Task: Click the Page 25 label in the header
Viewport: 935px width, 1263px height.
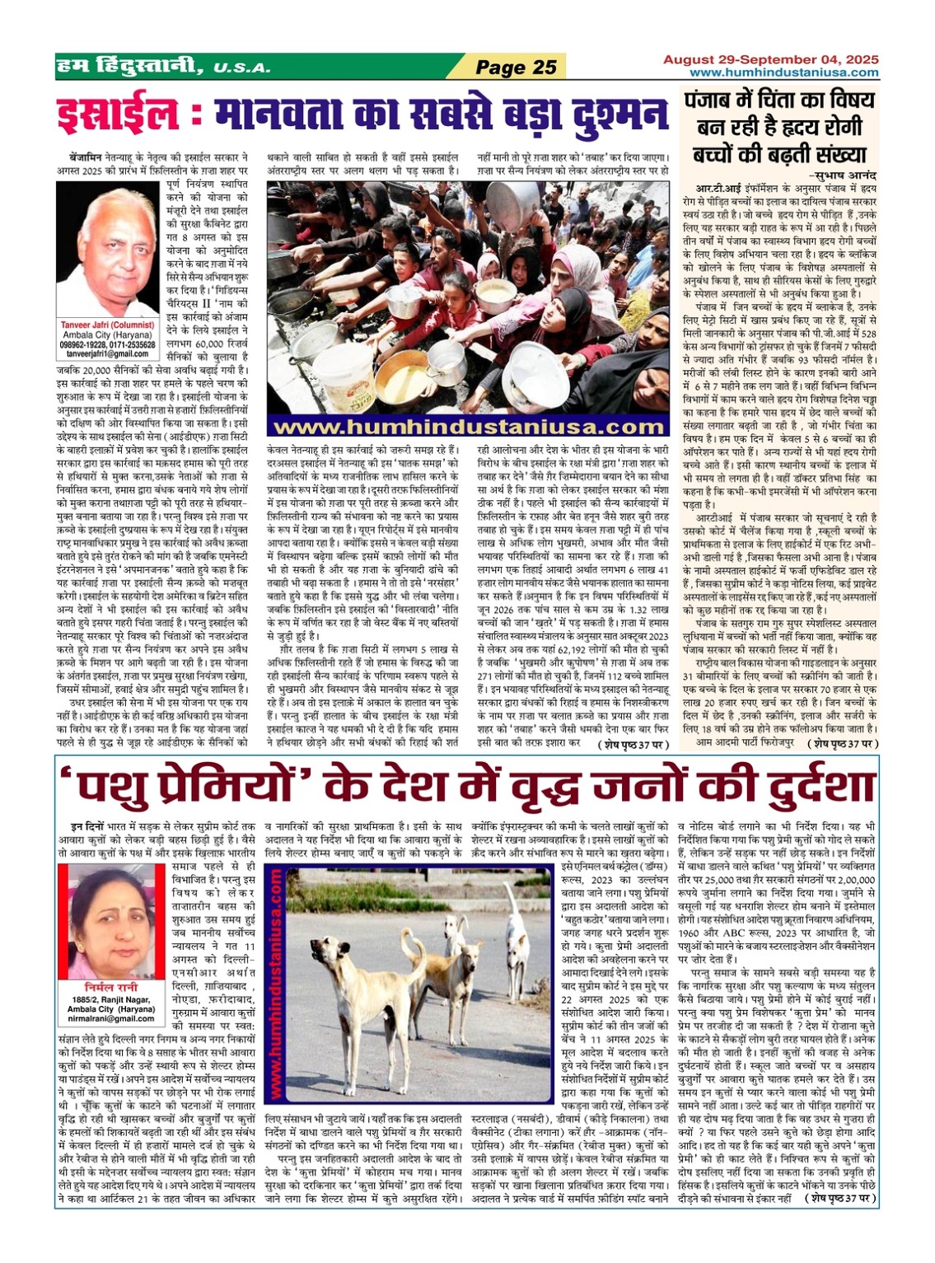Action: (x=517, y=68)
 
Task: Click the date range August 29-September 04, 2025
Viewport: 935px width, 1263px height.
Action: (x=772, y=60)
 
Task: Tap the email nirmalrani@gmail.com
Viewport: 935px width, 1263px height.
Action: (x=111, y=1019)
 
